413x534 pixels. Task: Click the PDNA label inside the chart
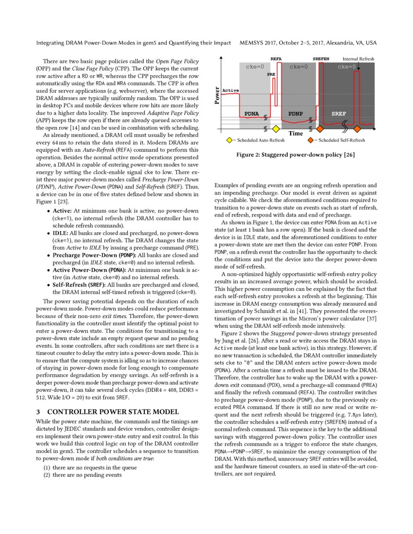point(251,114)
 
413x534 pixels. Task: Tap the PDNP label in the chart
point(296,114)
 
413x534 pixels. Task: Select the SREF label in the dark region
point(339,114)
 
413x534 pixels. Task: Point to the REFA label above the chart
point(276,59)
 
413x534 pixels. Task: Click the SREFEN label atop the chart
point(321,59)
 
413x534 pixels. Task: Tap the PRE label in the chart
point(271,75)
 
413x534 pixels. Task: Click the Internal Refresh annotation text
point(359,59)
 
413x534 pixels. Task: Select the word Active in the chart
point(230,91)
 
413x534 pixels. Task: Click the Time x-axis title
point(295,133)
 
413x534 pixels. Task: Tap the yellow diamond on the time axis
point(275,129)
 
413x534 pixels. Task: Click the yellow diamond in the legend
point(229,140)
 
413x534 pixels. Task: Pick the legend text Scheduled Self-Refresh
point(339,140)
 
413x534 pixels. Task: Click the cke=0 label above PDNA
point(255,67)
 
